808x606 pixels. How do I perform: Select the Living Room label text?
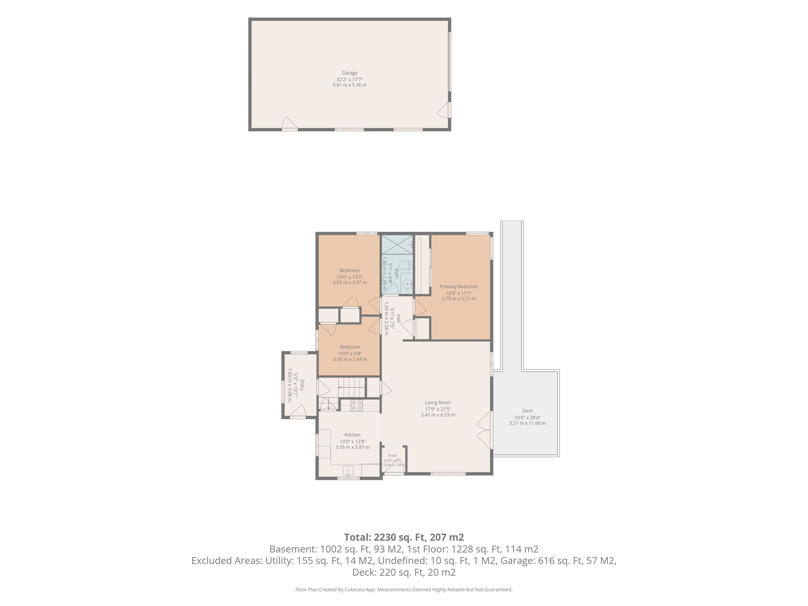[x=438, y=403]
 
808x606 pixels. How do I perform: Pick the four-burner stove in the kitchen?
[x=357, y=405]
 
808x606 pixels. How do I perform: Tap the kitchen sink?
[x=348, y=470]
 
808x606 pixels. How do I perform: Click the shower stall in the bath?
[x=397, y=244]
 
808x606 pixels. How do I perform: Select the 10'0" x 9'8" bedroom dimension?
[x=350, y=353]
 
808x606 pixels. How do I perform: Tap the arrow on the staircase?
[x=351, y=387]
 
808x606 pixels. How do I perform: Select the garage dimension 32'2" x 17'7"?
[x=350, y=79]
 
